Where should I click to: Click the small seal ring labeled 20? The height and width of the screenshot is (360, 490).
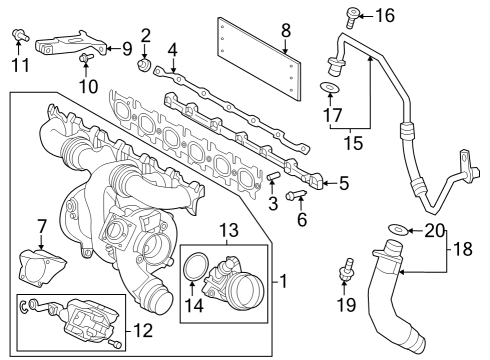(398, 230)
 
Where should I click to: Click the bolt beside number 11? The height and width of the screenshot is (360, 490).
(19, 37)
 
